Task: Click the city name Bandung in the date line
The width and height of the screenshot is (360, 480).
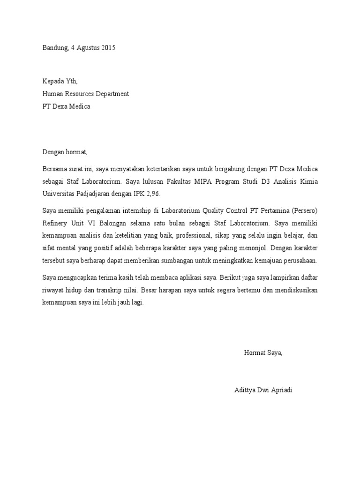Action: pos(55,48)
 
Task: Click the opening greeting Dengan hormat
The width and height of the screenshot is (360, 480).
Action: pos(65,152)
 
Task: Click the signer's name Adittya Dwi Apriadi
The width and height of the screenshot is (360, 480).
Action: pos(263,390)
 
